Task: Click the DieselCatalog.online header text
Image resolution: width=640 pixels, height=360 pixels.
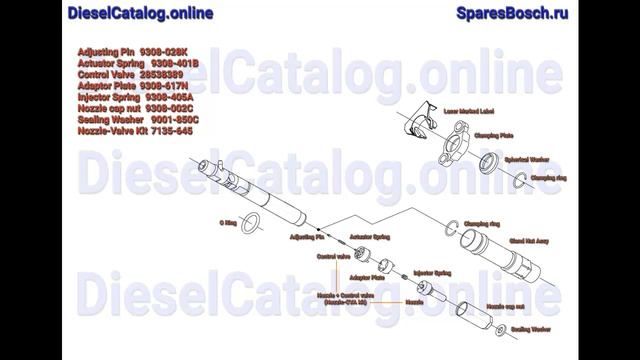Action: pos(140,13)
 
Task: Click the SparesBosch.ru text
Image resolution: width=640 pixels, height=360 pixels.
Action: pos(512,13)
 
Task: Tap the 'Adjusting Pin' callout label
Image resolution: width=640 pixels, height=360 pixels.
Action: pos(305,238)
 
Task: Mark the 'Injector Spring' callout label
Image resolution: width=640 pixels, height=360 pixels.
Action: pos(432,271)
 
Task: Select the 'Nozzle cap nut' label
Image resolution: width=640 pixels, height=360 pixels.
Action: pos(506,305)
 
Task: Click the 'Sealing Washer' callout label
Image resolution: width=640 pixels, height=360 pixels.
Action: pos(531,328)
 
